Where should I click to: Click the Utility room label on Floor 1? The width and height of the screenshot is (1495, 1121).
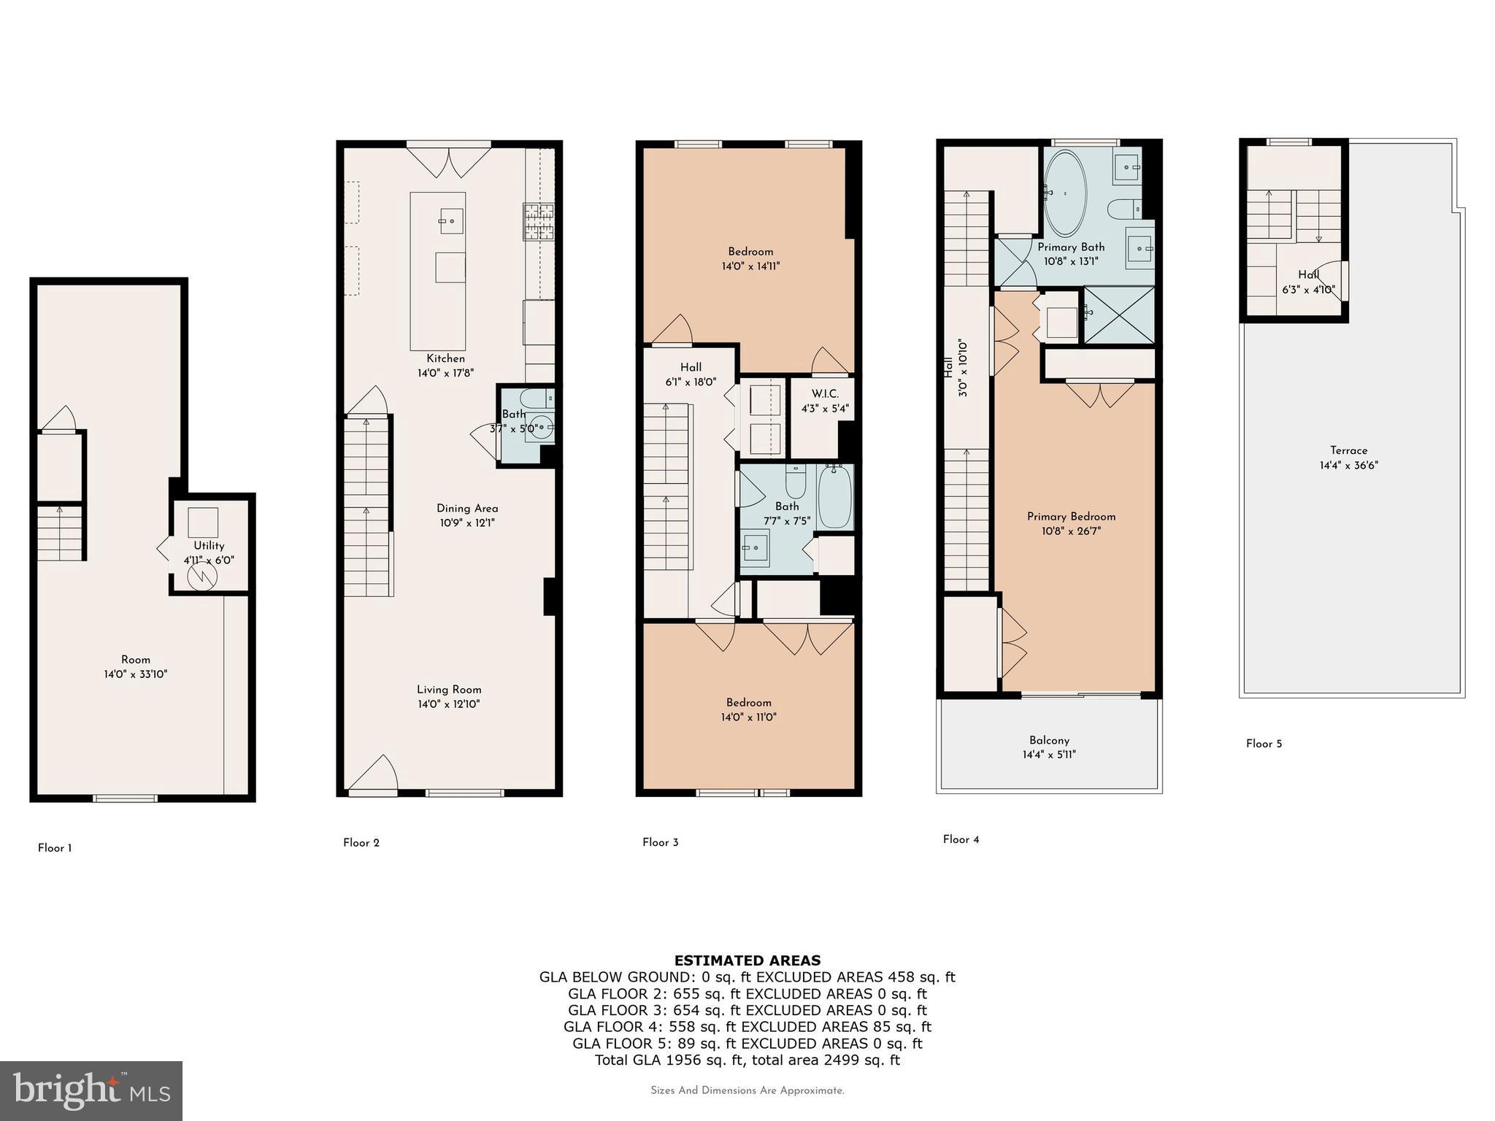(x=209, y=546)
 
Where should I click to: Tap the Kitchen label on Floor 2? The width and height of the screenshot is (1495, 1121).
(x=445, y=358)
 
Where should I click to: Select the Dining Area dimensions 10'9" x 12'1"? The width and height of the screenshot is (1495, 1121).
(x=467, y=523)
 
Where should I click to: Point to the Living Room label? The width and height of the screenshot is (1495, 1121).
(x=449, y=690)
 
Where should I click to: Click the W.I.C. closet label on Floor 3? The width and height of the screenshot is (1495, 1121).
(x=825, y=394)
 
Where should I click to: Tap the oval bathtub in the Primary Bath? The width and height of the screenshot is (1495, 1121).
(x=1066, y=193)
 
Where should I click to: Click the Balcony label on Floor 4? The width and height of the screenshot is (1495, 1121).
(x=1049, y=740)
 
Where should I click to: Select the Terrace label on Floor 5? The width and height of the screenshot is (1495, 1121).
(x=1348, y=450)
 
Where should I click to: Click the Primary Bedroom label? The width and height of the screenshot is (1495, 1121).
(x=1071, y=517)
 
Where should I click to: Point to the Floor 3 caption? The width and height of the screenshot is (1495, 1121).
(x=660, y=842)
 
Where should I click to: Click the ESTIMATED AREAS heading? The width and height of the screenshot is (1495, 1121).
(x=747, y=960)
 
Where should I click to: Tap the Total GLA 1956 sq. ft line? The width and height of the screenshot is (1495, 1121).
(x=747, y=1060)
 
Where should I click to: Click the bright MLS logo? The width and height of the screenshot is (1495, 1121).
(x=91, y=1090)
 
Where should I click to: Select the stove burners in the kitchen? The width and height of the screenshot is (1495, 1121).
(x=538, y=222)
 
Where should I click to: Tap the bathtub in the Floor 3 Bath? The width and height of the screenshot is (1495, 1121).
(x=834, y=497)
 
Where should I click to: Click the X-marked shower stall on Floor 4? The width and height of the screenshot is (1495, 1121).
(x=1118, y=315)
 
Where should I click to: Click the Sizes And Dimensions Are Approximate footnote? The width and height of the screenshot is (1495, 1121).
(x=747, y=1090)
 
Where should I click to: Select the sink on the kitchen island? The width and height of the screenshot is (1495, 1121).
(x=450, y=220)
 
